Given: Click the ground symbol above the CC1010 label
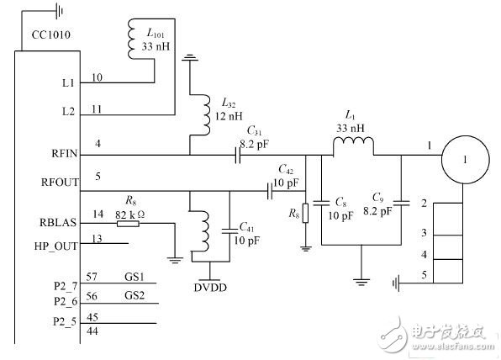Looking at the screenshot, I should tap(57, 12).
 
